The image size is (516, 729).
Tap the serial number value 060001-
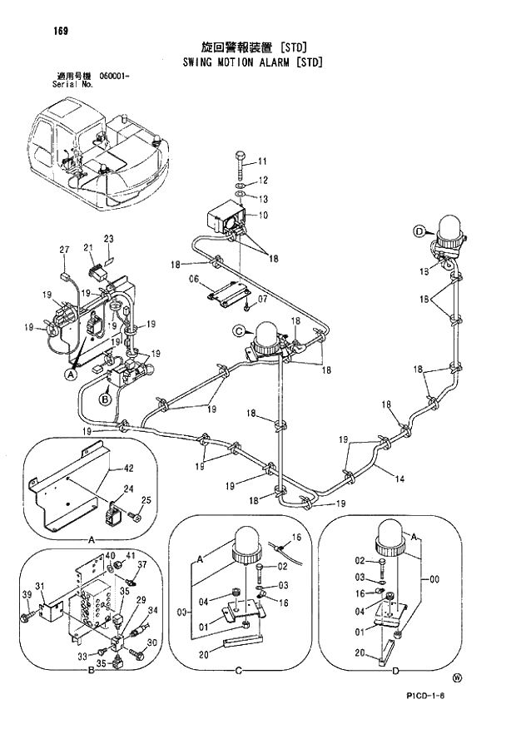[114, 76]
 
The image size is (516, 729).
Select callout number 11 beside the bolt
[262, 161]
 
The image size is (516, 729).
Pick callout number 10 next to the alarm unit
[262, 216]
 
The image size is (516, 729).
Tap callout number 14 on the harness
[400, 479]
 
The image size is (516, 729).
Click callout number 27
[64, 250]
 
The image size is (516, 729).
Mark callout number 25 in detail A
[146, 500]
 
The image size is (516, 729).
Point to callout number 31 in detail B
[39, 585]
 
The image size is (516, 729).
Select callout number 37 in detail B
[141, 564]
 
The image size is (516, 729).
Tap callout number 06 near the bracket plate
[192, 279]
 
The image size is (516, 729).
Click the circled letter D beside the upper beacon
[419, 231]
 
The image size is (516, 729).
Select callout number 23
[108, 239]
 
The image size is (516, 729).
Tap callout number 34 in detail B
[151, 611]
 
